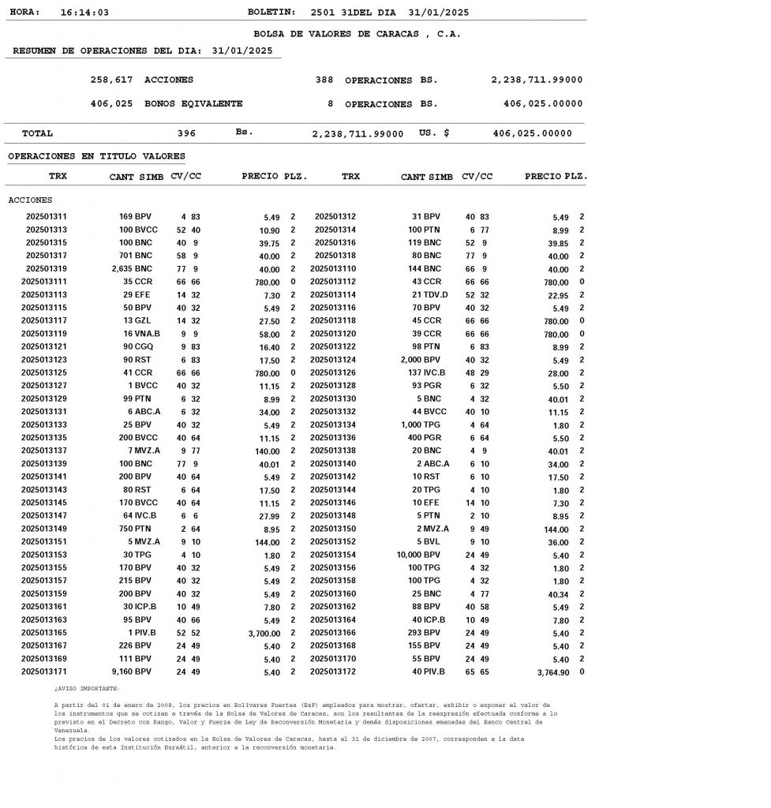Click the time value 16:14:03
pos(84,13)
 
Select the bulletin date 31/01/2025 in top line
pos(440,13)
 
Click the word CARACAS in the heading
pos(392,34)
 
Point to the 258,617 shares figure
pos(111,80)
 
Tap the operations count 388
pos(324,80)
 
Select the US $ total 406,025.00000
pos(533,133)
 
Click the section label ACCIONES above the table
pos(30,200)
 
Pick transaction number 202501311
pos(46,216)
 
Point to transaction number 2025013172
pos(333,671)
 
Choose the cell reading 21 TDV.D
pos(430,294)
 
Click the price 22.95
pos(558,295)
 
